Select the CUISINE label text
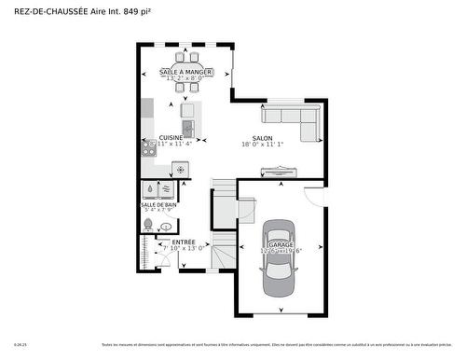tap(170, 137)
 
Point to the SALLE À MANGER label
tap(184, 71)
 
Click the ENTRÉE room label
tap(184, 242)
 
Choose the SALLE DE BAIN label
tap(158, 204)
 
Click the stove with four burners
tap(149, 145)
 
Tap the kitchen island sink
tap(187, 128)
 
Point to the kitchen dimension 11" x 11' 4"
tap(174, 145)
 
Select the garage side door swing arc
tap(315, 193)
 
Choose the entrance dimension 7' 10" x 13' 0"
tap(184, 249)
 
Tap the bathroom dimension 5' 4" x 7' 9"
tap(158, 211)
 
